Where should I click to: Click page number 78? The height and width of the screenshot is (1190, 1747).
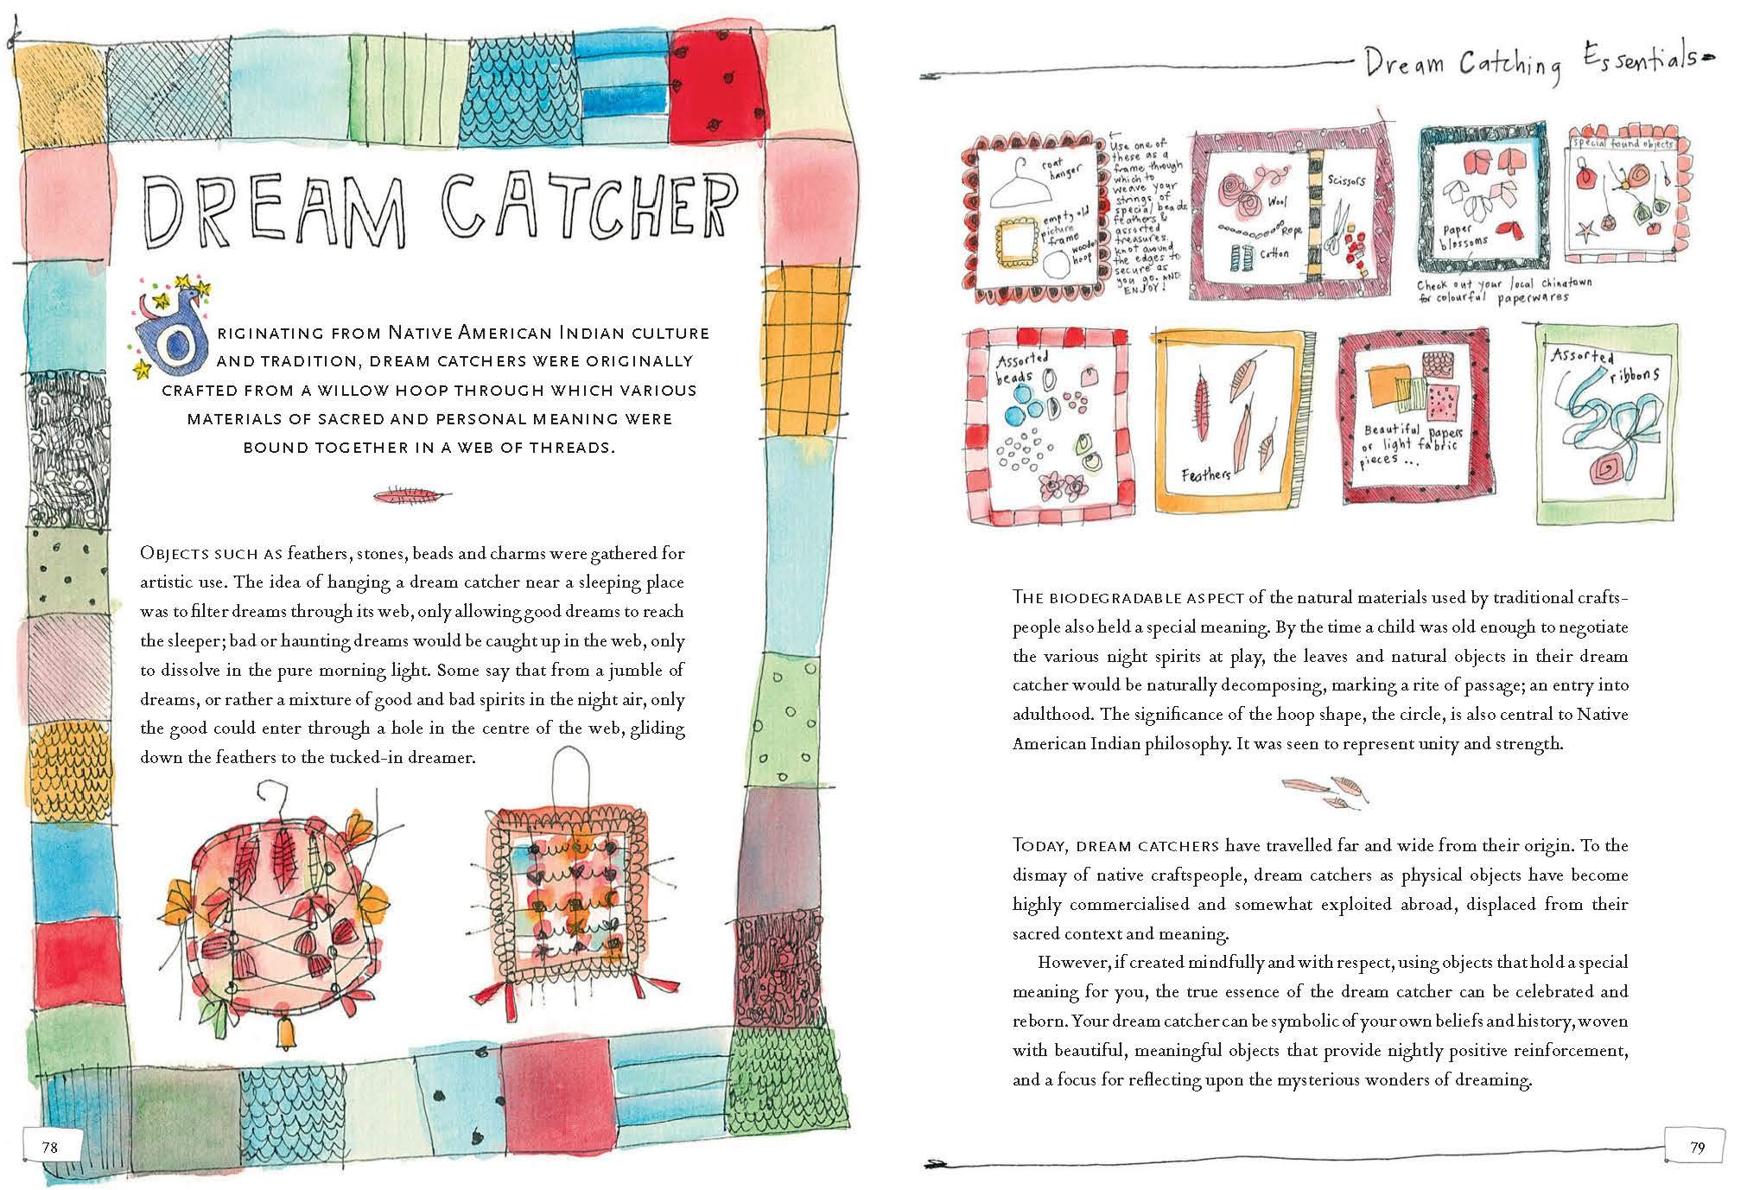click(50, 1147)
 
